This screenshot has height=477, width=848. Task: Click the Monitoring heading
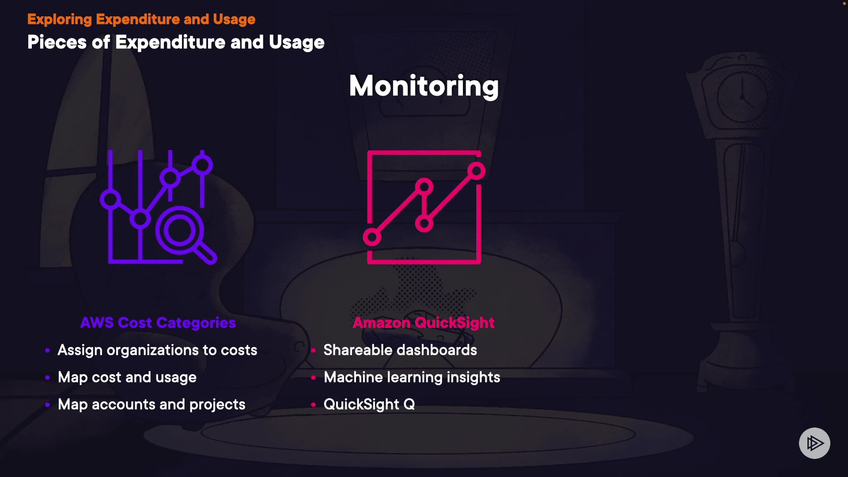click(424, 86)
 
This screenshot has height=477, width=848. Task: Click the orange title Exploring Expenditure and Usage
click(141, 19)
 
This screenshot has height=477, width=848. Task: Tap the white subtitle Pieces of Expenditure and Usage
click(176, 42)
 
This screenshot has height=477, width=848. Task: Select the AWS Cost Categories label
click(158, 323)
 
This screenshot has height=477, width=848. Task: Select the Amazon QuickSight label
click(424, 323)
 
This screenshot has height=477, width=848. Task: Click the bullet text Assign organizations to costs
click(157, 350)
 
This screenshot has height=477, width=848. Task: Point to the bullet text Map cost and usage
click(127, 377)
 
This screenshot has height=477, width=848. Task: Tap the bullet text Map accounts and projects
click(151, 405)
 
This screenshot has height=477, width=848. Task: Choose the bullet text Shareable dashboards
click(400, 350)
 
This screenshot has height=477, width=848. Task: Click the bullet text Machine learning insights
click(412, 377)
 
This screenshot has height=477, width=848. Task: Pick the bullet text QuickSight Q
click(369, 405)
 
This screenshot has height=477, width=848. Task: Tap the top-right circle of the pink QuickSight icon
click(477, 171)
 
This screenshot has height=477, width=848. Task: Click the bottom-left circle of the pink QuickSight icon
click(372, 237)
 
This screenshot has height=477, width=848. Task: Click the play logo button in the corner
click(814, 443)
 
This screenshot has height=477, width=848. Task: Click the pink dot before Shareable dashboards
click(313, 351)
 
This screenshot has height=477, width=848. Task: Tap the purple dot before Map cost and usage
click(47, 378)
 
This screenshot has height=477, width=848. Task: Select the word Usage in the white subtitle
click(297, 42)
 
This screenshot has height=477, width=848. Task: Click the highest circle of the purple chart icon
click(202, 165)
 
